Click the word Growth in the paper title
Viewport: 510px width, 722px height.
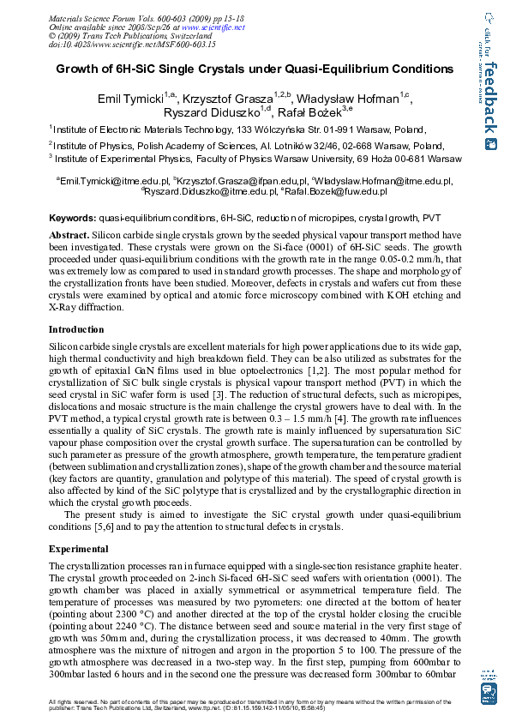[x=80, y=69]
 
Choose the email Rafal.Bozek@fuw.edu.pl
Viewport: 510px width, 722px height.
[x=344, y=192]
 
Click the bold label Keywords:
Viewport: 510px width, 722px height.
[x=73, y=220]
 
